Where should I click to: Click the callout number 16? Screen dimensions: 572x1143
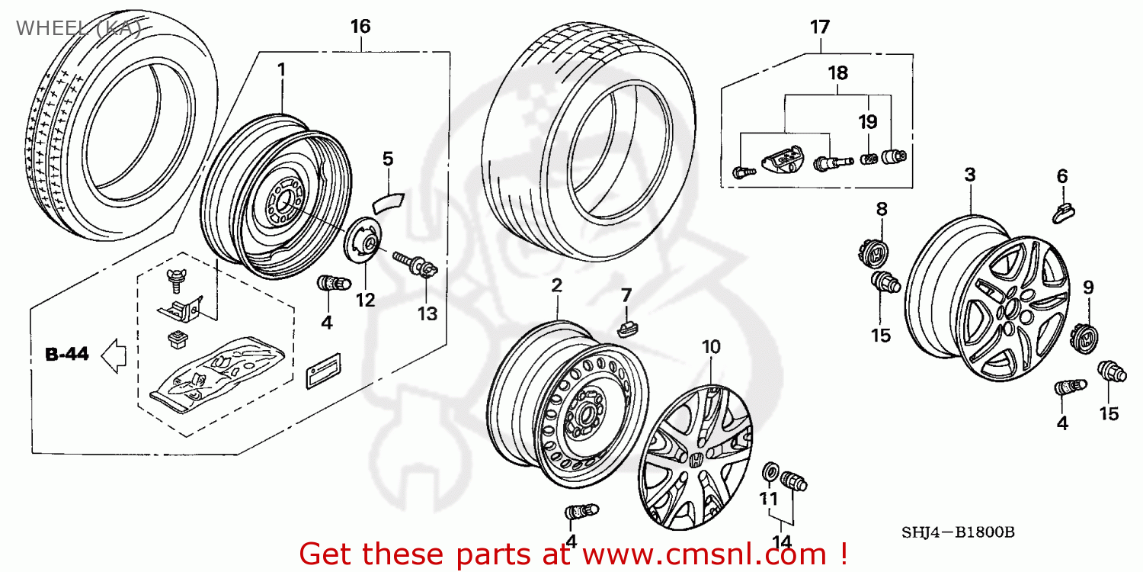pyautogui.click(x=360, y=27)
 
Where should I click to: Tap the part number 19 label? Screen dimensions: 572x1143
pyautogui.click(x=867, y=122)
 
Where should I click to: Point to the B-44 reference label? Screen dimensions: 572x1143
pyautogui.click(x=67, y=355)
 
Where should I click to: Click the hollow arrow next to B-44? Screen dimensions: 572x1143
pyautogui.click(x=114, y=355)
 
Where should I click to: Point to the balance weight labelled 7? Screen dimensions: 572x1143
pyautogui.click(x=626, y=327)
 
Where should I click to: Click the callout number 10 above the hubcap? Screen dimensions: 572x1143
pyautogui.click(x=710, y=347)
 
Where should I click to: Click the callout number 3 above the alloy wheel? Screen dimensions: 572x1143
pyautogui.click(x=969, y=175)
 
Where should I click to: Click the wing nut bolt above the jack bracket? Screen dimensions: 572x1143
pyautogui.click(x=174, y=281)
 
